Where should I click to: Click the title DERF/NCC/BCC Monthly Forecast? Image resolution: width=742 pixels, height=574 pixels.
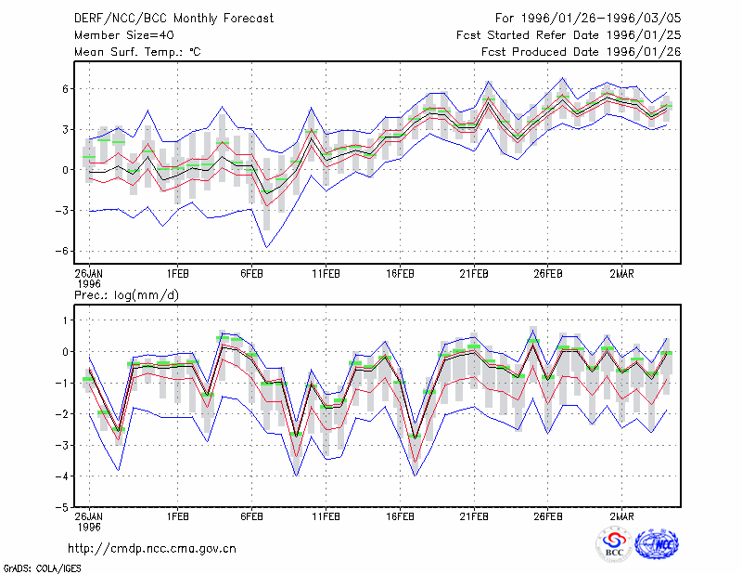tap(173, 19)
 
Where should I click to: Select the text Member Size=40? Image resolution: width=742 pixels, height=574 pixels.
tap(124, 35)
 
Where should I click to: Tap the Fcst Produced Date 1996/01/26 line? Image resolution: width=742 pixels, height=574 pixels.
tap(582, 52)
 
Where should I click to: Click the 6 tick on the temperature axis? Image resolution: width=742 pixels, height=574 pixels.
tap(66, 88)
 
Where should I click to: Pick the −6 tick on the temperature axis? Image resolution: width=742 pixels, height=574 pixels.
tap(62, 251)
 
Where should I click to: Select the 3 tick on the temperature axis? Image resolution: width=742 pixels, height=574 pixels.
tap(66, 129)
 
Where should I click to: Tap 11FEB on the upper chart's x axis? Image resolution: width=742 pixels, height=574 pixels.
tap(326, 274)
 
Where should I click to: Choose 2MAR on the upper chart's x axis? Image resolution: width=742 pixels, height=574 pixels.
tap(621, 274)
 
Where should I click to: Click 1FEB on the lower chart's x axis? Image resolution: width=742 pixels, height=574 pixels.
tap(178, 516)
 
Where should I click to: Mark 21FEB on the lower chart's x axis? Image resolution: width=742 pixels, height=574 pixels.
tap(474, 516)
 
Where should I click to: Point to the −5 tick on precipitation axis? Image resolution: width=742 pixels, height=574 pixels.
tap(62, 507)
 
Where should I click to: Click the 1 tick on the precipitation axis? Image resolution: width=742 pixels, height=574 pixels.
tap(66, 320)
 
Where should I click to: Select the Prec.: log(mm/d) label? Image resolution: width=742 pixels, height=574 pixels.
tap(126, 295)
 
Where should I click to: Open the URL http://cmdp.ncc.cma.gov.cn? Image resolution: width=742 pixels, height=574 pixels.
tap(152, 549)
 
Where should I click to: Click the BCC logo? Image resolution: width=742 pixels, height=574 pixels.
tap(614, 544)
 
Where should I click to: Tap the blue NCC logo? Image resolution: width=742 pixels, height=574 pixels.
tap(657, 544)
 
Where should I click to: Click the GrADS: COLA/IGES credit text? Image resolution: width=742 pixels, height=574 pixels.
tap(42, 568)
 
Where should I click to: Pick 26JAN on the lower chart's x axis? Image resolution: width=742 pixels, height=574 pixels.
tap(89, 516)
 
